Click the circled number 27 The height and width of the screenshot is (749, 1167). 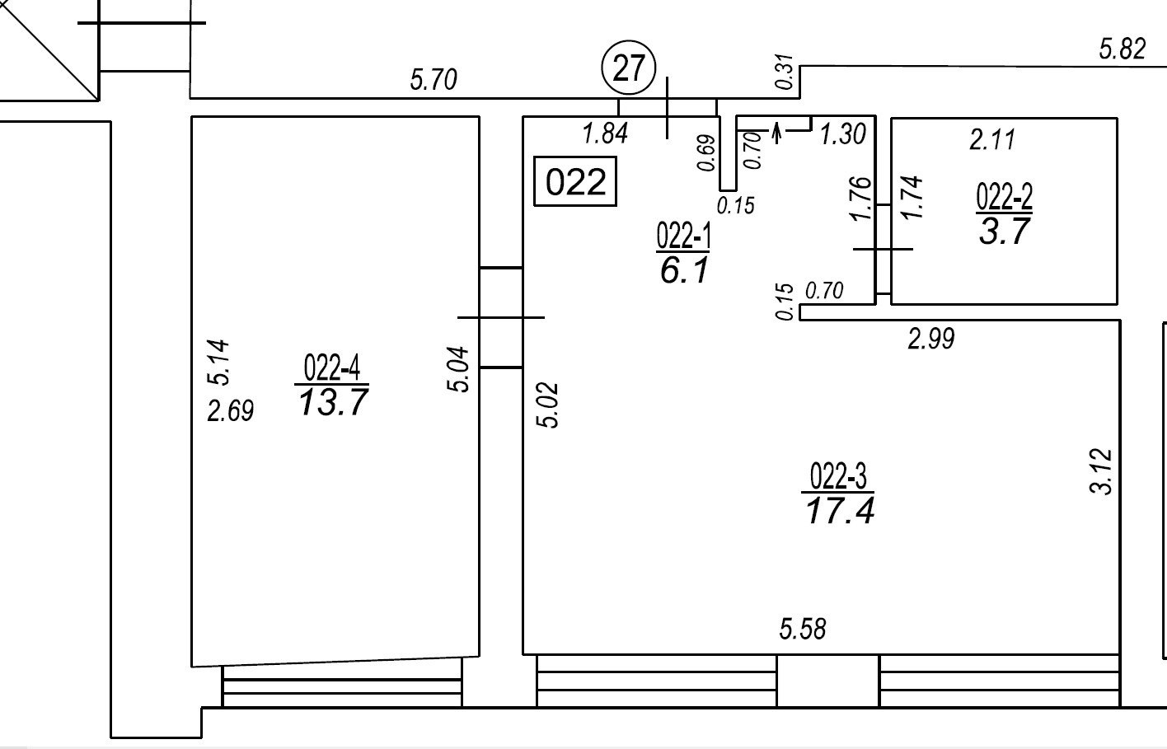tap(629, 68)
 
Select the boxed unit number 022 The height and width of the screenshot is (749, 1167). tap(575, 181)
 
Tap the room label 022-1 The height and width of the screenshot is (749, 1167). tap(683, 236)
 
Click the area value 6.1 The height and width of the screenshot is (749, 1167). tap(684, 271)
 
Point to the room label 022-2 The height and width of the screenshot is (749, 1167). tap(1004, 196)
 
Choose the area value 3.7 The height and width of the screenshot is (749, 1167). tap(1005, 232)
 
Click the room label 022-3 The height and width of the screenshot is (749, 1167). tap(838, 476)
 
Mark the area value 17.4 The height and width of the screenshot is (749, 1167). tap(840, 510)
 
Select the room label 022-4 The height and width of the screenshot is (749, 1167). tap(332, 367)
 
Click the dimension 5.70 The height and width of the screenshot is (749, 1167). tap(434, 80)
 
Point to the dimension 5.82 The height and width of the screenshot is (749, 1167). tap(1122, 49)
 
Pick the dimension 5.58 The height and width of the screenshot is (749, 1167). tap(803, 630)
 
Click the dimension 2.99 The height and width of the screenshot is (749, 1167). tap(931, 339)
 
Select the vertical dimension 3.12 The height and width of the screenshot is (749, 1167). tap(1101, 470)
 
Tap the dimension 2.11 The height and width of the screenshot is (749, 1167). tap(992, 139)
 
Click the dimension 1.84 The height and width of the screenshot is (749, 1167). tap(606, 133)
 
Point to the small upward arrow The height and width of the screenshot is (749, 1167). tap(777, 133)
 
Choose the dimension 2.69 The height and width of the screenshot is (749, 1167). tap(230, 411)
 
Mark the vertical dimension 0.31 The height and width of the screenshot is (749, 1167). tap(785, 72)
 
